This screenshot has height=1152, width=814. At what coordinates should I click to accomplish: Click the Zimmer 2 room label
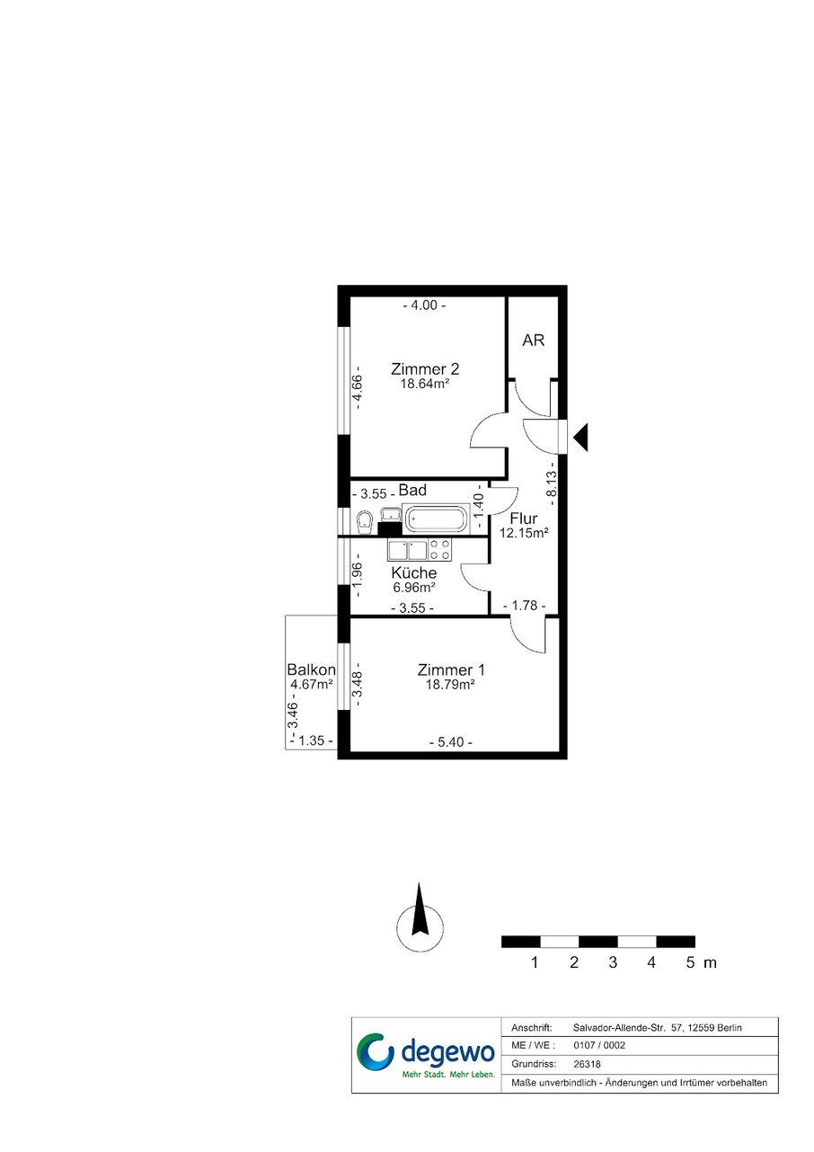[x=425, y=369]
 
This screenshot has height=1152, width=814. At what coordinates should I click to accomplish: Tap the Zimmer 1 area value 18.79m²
[x=450, y=685]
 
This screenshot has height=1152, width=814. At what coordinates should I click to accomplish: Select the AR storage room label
[x=533, y=341]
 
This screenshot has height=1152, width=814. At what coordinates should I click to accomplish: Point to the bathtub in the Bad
[x=436, y=518]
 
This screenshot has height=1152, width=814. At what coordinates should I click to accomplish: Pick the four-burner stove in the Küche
[x=440, y=549]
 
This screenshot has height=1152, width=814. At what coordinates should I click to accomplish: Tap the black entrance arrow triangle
[x=580, y=437]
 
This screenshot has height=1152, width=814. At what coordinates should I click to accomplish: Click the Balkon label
[x=311, y=669]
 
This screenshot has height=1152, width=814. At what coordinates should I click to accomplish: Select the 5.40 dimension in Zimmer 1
[x=450, y=742]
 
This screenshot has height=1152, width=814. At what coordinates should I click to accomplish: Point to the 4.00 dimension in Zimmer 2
[x=424, y=306]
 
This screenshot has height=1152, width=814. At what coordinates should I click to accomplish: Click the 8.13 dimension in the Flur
[x=552, y=484]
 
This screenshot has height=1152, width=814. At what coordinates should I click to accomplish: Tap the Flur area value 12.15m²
[x=524, y=533]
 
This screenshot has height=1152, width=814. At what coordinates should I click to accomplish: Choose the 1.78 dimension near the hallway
[x=524, y=606]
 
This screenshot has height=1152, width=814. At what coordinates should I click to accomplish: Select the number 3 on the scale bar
[x=613, y=962]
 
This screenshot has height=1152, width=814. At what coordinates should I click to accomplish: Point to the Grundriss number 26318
[x=587, y=1065]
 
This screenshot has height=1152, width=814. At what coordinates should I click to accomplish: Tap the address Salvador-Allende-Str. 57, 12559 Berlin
[x=657, y=1028]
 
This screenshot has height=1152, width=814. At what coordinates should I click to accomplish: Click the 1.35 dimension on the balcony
[x=312, y=740]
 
